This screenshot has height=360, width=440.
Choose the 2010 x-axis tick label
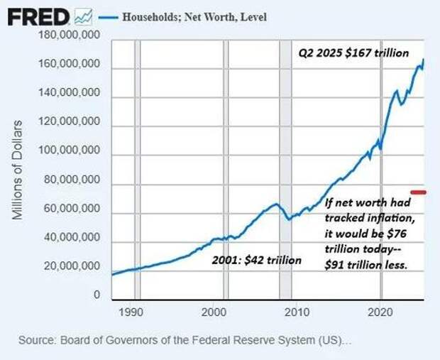(297, 311)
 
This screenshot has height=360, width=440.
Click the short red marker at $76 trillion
(418, 192)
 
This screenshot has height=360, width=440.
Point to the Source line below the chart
(184, 341)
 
